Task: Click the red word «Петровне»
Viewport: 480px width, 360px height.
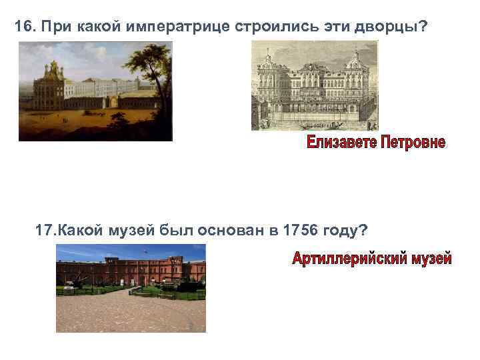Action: pos(413,143)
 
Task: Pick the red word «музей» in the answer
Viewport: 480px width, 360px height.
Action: pos(431,258)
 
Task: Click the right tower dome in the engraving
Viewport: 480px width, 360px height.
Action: pos(352,53)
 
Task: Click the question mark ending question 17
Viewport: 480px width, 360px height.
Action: pos(363,231)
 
